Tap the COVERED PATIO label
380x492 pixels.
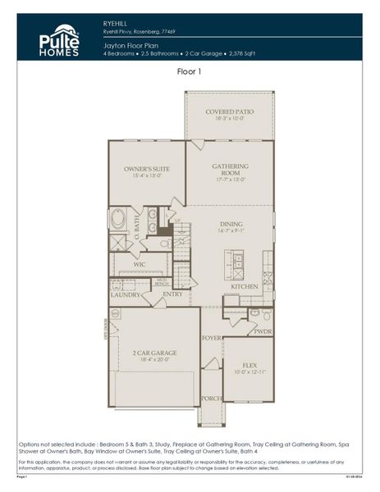230,112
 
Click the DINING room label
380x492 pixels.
230,224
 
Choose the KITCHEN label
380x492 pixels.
244,287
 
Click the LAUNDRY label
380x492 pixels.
126,295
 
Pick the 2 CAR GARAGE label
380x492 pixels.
154,353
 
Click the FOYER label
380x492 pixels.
211,337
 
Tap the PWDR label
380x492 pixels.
263,332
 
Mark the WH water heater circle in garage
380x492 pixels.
115,312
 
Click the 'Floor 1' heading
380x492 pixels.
190,72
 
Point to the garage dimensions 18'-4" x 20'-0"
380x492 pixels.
154,360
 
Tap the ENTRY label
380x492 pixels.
172,294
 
